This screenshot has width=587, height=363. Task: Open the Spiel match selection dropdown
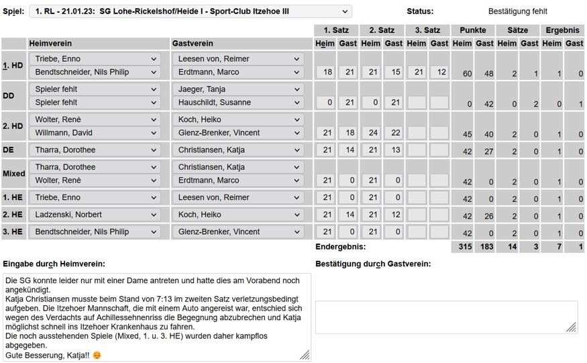click(x=191, y=11)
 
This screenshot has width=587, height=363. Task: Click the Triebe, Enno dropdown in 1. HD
click(x=95, y=59)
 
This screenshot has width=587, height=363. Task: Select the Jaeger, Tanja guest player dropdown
click(x=238, y=89)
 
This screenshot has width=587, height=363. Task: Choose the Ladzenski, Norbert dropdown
click(x=95, y=215)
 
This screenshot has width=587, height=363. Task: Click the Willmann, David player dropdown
click(x=95, y=133)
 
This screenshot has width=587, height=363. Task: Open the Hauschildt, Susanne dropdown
click(x=238, y=103)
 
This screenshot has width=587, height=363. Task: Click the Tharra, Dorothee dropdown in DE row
click(x=95, y=150)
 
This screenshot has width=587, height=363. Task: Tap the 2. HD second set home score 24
click(x=371, y=133)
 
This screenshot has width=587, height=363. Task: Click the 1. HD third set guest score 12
click(x=439, y=72)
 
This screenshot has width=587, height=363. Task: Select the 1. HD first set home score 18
click(x=325, y=72)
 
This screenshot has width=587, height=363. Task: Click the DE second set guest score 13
click(x=394, y=150)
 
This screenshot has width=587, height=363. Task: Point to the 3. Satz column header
click(x=427, y=30)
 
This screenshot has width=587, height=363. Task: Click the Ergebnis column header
click(x=562, y=30)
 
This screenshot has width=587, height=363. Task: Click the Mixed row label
click(x=13, y=174)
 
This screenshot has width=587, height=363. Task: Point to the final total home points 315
click(x=465, y=248)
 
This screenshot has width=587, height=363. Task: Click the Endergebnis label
click(x=341, y=247)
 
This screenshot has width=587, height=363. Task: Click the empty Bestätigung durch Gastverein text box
click(x=446, y=317)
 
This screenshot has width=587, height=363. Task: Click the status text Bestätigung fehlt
click(x=517, y=11)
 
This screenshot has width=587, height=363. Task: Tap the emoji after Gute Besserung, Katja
click(x=97, y=355)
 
